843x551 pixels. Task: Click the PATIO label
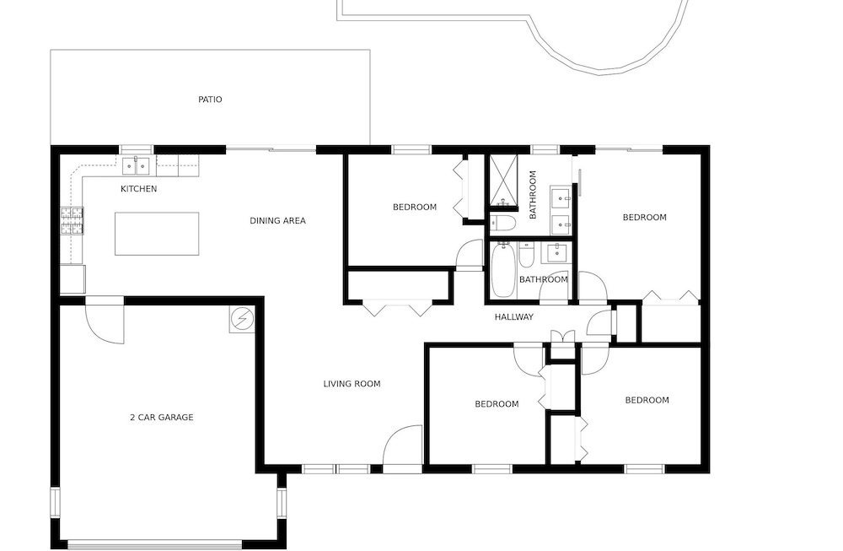tap(210, 100)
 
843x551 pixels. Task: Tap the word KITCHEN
tap(139, 189)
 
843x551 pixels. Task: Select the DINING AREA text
tap(277, 220)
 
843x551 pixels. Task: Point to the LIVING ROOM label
tap(352, 384)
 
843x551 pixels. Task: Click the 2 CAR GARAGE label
tap(161, 417)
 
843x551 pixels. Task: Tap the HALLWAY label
tap(514, 317)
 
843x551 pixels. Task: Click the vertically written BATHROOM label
tap(533, 195)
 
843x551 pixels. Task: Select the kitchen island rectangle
tap(157, 234)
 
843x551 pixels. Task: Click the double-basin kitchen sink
tap(136, 166)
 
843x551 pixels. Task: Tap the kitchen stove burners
tap(72, 220)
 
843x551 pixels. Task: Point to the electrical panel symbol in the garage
tap(242, 320)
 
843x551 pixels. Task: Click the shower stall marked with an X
tap(503, 181)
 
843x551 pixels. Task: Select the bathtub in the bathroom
tap(503, 271)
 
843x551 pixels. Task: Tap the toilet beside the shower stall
tap(503, 223)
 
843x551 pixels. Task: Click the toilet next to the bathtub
tap(526, 255)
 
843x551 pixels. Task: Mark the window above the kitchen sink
tap(137, 149)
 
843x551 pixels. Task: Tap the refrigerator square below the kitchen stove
tap(72, 278)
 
